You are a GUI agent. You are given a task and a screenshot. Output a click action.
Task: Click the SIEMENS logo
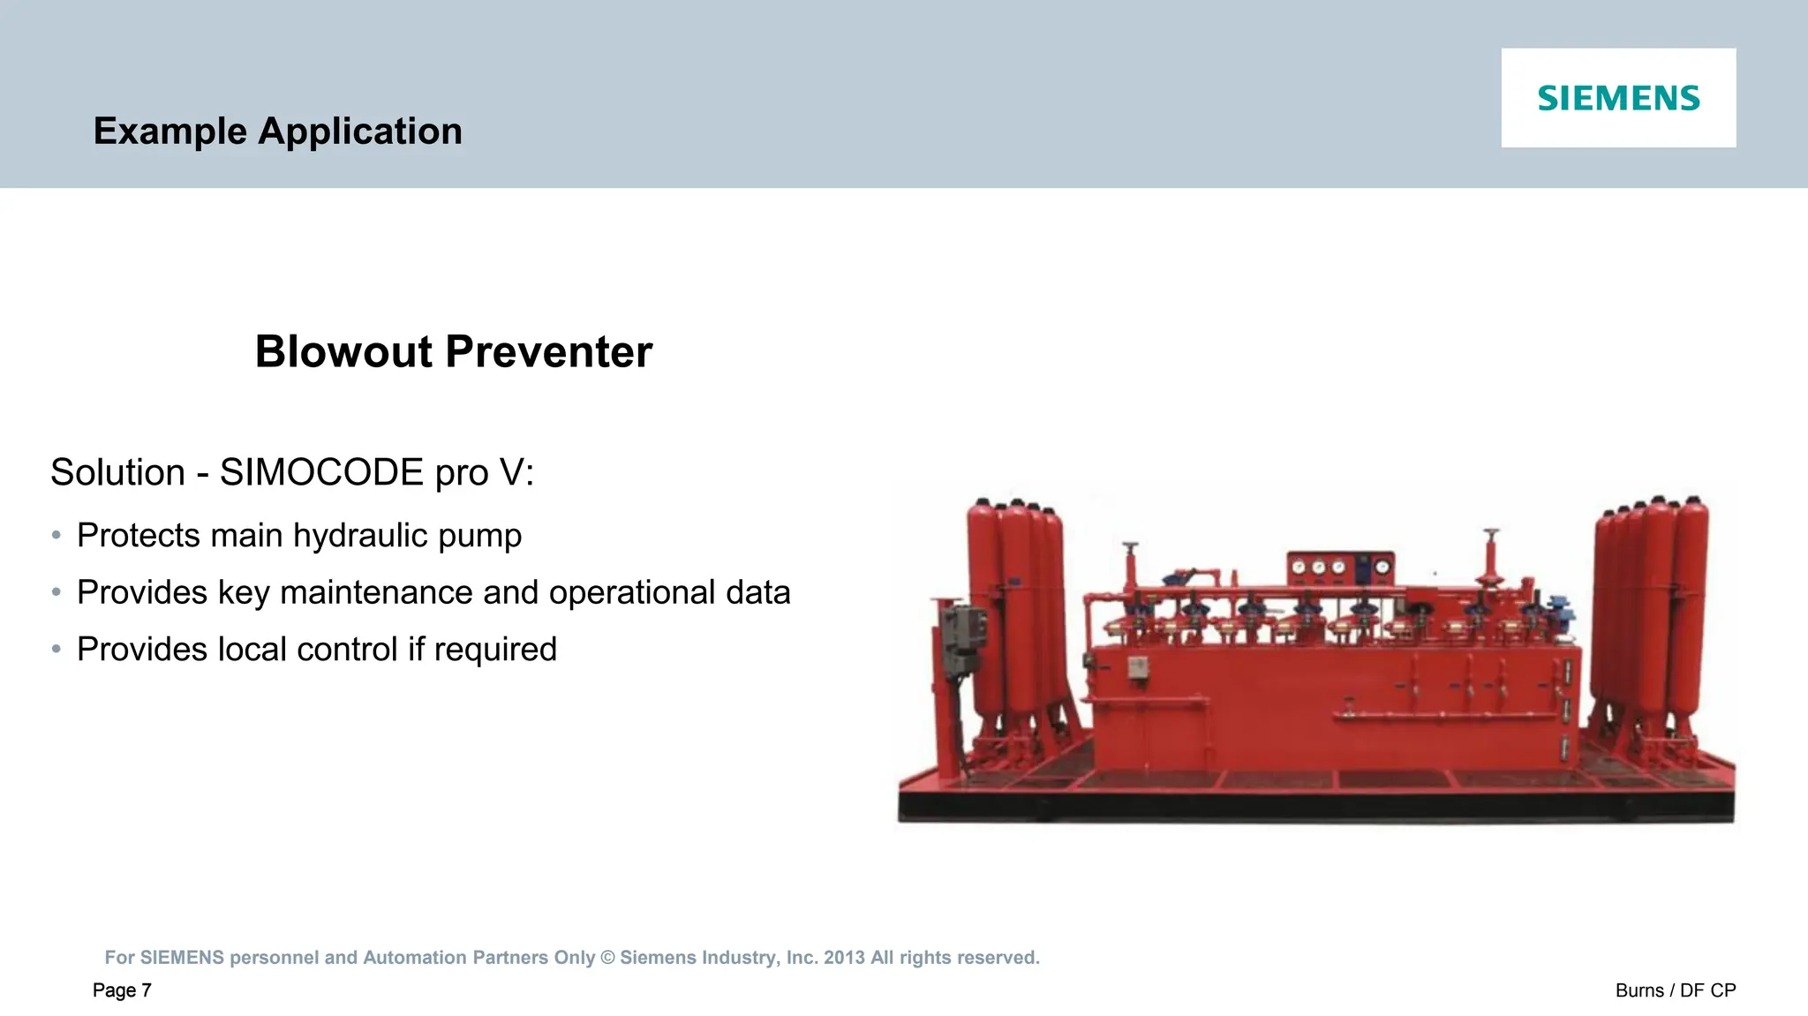pos(1618,98)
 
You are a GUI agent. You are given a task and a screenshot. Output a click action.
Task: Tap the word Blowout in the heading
pos(343,351)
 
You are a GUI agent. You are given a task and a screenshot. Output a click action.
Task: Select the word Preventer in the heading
pos(548,351)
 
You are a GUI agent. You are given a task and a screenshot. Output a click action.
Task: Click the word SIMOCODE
pos(321,472)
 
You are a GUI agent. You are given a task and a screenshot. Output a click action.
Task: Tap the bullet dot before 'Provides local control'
pos(56,650)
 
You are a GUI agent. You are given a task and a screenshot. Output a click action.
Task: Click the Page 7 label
pos(122,990)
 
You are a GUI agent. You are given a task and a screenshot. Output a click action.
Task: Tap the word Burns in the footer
pos(1638,990)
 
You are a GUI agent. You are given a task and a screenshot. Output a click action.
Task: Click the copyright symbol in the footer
pos(607,958)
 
